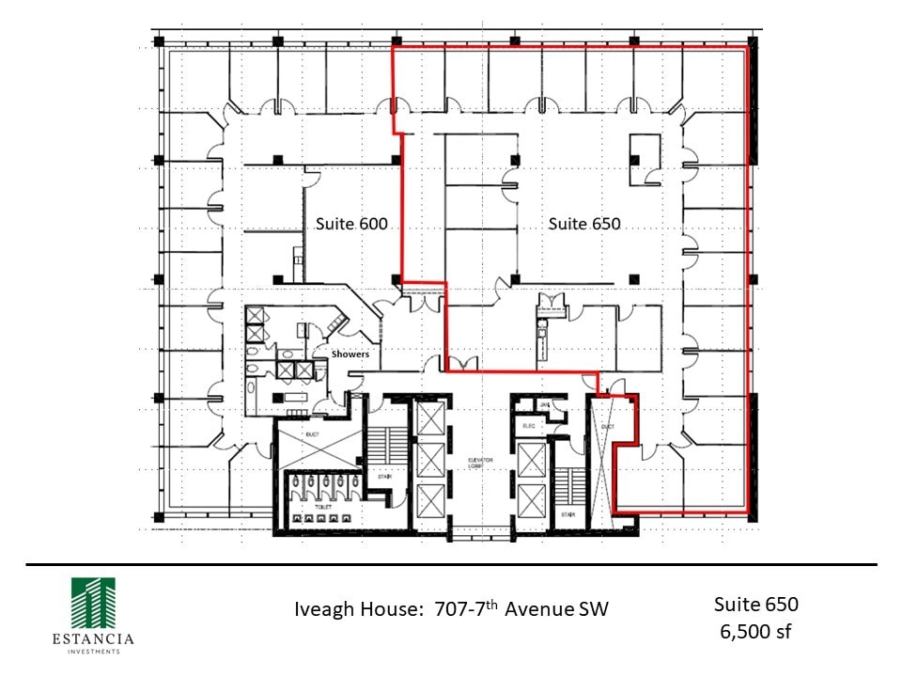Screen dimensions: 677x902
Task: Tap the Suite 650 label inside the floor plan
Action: point(584,224)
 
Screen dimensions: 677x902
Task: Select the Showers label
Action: point(350,354)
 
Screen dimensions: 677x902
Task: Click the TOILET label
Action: point(323,506)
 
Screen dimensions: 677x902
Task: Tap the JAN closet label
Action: point(544,404)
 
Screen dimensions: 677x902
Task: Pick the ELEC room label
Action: point(528,425)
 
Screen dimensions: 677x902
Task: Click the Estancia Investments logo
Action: point(93,602)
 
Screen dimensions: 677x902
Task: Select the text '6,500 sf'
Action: point(756,630)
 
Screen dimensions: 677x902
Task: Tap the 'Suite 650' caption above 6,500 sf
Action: point(756,603)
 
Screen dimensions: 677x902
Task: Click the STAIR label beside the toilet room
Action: point(384,476)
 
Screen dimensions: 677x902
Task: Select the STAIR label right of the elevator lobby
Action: point(568,514)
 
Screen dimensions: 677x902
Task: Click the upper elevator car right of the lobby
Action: point(532,460)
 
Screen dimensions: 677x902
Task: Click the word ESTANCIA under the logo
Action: point(93,639)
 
